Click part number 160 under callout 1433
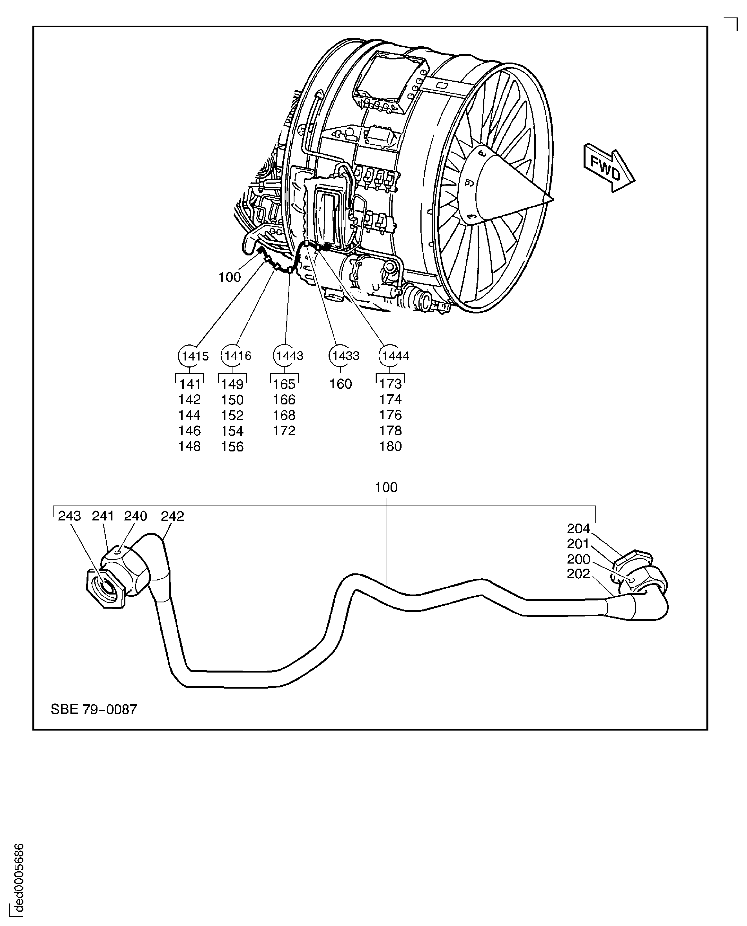(x=340, y=384)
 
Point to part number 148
(x=189, y=446)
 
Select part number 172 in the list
(x=284, y=431)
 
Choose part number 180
(x=390, y=446)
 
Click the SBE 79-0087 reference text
(x=94, y=709)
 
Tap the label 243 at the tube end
(x=69, y=516)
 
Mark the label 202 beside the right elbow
(x=578, y=574)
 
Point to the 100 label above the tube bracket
(x=386, y=487)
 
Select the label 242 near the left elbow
(x=172, y=516)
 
